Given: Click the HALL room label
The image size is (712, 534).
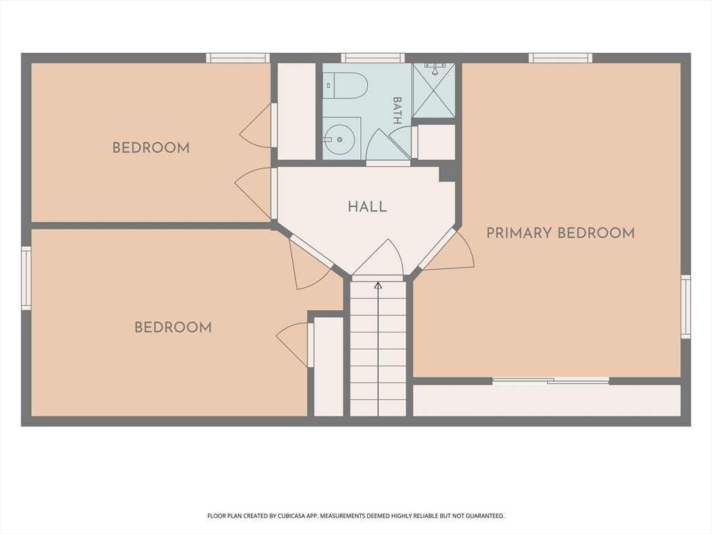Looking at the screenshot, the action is (x=367, y=207).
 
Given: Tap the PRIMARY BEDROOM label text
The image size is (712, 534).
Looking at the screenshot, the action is (x=560, y=233).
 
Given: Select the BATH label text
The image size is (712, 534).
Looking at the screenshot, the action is (x=397, y=111).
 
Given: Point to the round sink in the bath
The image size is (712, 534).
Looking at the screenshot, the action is (x=339, y=139).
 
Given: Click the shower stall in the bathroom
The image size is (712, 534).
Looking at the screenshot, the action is (x=434, y=90).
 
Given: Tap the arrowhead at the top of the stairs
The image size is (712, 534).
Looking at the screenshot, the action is (x=378, y=286).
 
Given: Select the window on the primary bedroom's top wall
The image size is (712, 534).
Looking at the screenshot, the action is (x=560, y=58).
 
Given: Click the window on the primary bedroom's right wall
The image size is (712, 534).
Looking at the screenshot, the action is (x=686, y=307).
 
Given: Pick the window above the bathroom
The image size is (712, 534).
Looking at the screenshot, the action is (x=373, y=58).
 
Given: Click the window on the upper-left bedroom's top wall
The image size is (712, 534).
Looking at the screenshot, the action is (x=238, y=58).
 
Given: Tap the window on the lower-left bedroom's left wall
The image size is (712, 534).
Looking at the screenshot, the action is (x=26, y=278).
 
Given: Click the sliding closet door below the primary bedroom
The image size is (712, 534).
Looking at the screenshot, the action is (x=551, y=381).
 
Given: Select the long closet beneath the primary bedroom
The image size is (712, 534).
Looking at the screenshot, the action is (x=547, y=400).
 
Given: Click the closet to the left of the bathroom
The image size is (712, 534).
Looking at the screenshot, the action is (x=296, y=111).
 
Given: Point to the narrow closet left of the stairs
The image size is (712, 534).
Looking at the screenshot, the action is (x=329, y=366).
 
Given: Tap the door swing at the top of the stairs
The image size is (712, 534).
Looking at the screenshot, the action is (x=378, y=257).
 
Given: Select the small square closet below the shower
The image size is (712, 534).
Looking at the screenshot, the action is (x=436, y=142).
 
